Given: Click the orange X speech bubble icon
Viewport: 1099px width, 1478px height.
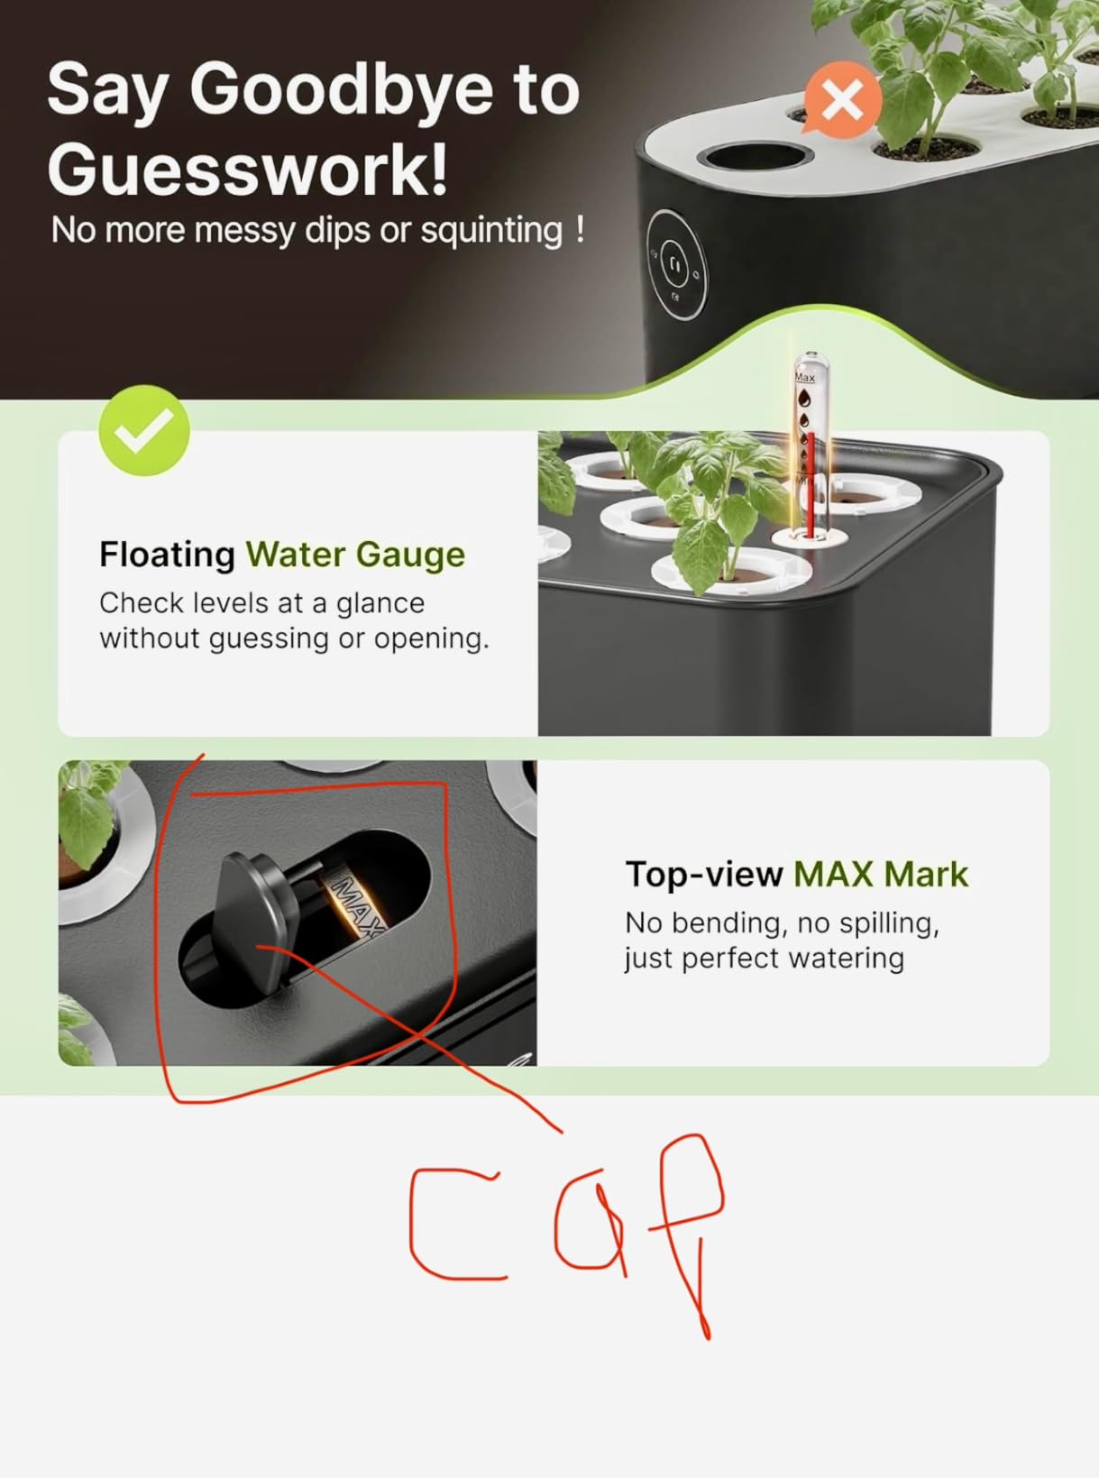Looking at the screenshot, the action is pyautogui.click(x=842, y=101).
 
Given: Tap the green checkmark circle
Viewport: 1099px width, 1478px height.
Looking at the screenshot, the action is pyautogui.click(x=144, y=430).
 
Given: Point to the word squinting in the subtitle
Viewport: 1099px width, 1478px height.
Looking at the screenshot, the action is pyautogui.click(x=492, y=231).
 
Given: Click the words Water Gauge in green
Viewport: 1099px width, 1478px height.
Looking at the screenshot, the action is pyautogui.click(x=355, y=555).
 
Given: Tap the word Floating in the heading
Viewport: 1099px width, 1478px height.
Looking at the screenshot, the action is pyautogui.click(x=167, y=555).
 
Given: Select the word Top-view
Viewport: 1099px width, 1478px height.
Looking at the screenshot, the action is pyautogui.click(x=704, y=875).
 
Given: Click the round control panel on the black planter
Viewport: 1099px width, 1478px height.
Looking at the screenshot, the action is pyautogui.click(x=676, y=264).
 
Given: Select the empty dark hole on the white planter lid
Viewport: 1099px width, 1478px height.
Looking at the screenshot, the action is pyautogui.click(x=756, y=158).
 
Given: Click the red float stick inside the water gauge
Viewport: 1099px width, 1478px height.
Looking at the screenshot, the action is pyautogui.click(x=811, y=484).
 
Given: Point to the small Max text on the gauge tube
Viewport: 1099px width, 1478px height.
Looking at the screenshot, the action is pyautogui.click(x=804, y=377).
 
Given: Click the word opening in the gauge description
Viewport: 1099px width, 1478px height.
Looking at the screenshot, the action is pyautogui.click(x=431, y=639).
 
